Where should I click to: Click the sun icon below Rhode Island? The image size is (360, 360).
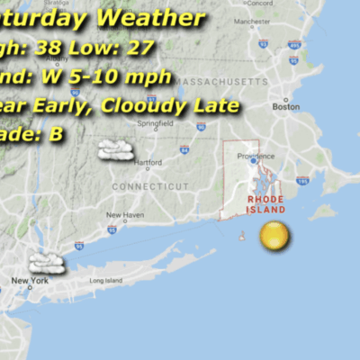[x=274, y=238]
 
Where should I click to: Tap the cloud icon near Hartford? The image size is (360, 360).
[x=116, y=149]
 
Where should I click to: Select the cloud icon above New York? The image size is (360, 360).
[x=44, y=263]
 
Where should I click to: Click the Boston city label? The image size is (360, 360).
[x=286, y=107]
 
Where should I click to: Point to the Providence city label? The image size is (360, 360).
[x=256, y=156]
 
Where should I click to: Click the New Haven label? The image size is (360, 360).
[x=124, y=215]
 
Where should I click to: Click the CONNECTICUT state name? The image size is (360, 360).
[x=150, y=186]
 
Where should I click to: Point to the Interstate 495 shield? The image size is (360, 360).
[x=294, y=43]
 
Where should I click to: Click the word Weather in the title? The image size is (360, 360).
[x=151, y=18]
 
